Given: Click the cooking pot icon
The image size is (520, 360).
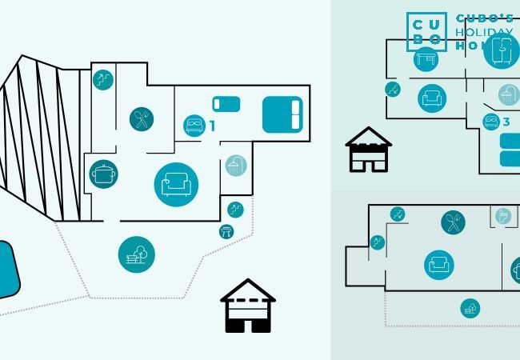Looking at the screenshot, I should pyautogui.click(x=104, y=174).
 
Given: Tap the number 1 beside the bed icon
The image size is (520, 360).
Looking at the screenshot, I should pyautogui.click(x=212, y=126).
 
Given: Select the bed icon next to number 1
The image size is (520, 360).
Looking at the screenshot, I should pyautogui.click(x=194, y=126).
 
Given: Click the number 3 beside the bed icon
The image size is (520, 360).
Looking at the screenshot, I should pyautogui.click(x=506, y=122).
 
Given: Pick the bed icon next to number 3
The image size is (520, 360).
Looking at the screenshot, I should pyautogui.click(x=491, y=122).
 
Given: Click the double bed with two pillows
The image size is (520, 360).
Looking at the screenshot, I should pyautogui.click(x=282, y=114).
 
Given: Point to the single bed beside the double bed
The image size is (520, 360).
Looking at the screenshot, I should pyautogui.click(x=226, y=104).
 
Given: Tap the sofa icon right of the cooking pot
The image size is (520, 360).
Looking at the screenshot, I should pyautogui.click(x=176, y=185).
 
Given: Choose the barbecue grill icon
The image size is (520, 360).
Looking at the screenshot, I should pyautogui.click(x=226, y=231).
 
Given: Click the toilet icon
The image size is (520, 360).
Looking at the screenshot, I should pyautogui.click(x=502, y=216).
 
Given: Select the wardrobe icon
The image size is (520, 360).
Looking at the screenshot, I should pyautogui.click(x=502, y=50).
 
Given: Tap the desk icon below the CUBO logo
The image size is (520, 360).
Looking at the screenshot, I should pyautogui.click(x=426, y=59).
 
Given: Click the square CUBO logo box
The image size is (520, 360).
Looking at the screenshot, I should pyautogui.click(x=426, y=32).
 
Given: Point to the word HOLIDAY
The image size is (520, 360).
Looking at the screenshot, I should pyautogui.click(x=484, y=33).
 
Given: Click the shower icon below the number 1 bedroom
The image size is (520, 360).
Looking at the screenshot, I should pyautogui.click(x=235, y=166).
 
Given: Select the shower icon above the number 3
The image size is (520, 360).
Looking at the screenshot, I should pyautogui.click(x=507, y=95).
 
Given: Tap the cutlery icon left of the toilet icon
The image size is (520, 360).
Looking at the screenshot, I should pyautogui.click(x=453, y=222).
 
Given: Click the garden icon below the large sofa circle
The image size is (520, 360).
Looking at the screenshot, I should pyautogui.click(x=137, y=254).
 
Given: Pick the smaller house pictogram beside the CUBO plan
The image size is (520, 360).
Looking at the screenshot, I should pyautogui.click(x=368, y=150).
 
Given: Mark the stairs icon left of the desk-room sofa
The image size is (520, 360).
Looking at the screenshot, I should pyautogui.click(x=393, y=90).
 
